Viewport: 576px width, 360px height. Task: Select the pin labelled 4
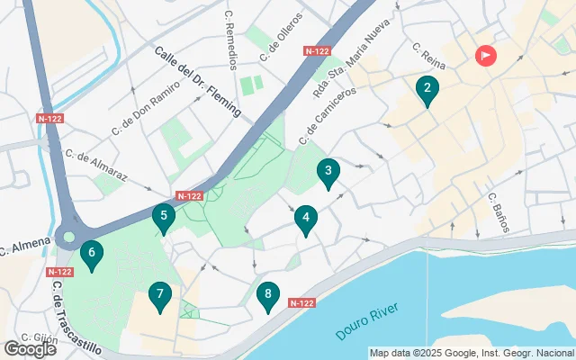pos(306,218)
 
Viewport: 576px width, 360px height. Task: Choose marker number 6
pos(91,255)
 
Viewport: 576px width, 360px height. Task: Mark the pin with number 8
pos(266,295)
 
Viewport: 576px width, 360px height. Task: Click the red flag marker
pos(485,56)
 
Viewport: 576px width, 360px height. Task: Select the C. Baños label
pos(498,212)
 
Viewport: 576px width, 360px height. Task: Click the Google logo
pos(30,348)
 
